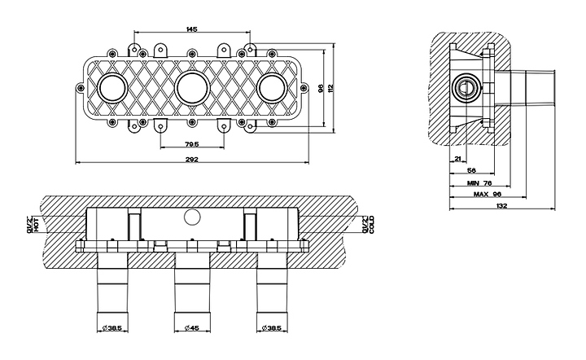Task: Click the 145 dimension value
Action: (x=191, y=29)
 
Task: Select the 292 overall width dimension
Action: (x=193, y=160)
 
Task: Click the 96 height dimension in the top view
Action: (x=321, y=87)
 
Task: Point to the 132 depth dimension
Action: (x=501, y=206)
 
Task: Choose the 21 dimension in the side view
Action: (x=458, y=159)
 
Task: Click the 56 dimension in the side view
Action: (x=471, y=170)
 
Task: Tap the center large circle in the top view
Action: (x=192, y=87)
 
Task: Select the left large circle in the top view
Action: (x=112, y=87)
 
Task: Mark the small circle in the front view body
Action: (x=192, y=216)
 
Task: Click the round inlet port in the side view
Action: (x=467, y=86)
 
